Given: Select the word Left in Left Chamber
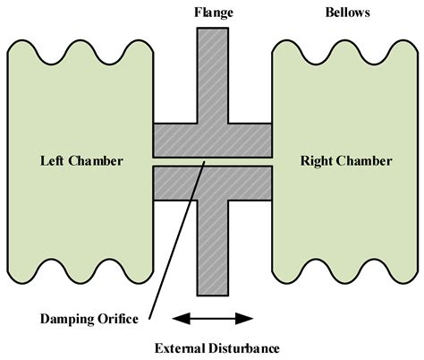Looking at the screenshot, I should [x=55, y=162].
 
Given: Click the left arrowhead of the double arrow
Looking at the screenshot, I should [x=177, y=317].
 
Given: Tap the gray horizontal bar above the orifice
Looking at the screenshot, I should [x=213, y=140].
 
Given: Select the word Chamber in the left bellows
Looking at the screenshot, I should [x=97, y=162].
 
